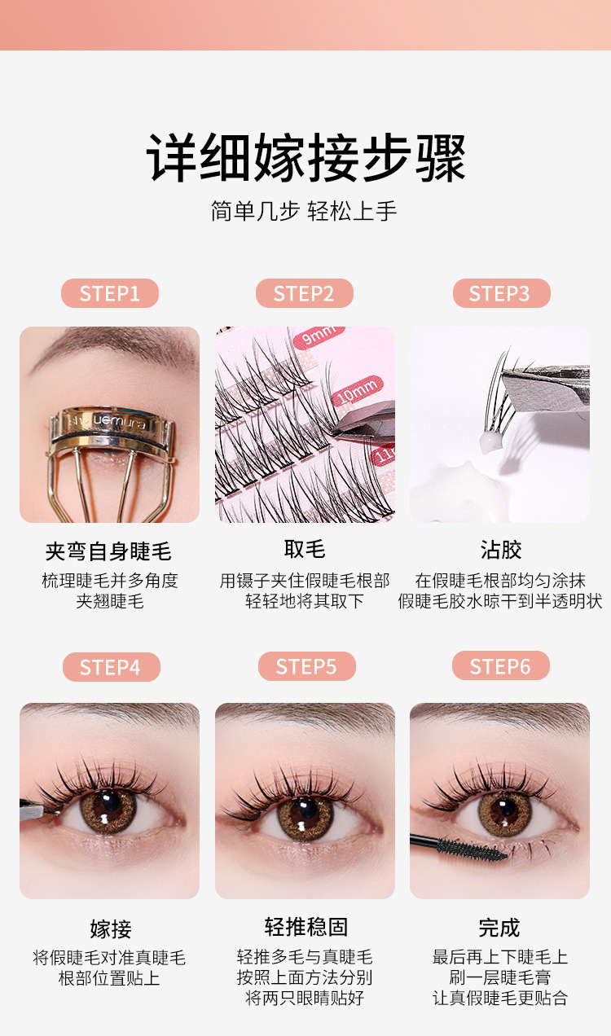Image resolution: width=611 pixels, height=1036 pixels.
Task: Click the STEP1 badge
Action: pos(110,293)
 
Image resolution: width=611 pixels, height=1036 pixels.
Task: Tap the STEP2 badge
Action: pos(305,293)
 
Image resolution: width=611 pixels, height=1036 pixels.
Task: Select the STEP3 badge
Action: pos(501,293)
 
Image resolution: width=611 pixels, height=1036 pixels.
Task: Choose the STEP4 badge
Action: pos(112,667)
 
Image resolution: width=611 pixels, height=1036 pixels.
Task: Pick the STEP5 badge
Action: pos(306,666)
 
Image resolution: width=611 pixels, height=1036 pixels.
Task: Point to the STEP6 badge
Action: pos(501,665)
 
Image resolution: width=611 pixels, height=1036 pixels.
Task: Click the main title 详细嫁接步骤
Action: pos(305,157)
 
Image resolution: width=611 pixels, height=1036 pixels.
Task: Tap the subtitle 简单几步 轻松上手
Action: pos(304,212)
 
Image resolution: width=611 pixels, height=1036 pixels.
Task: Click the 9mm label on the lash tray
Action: pos(319,335)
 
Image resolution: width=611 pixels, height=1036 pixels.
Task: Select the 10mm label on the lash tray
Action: pos(358,391)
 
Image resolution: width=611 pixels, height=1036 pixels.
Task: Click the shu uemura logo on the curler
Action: pos(108,421)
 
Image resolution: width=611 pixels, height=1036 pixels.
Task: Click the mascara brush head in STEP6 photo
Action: pos(471,849)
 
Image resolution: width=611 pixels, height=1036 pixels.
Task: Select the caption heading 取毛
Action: pos(305,550)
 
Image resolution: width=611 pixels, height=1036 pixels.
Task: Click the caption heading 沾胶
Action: pos(501,550)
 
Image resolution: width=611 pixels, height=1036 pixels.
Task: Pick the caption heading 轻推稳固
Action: pos(306,927)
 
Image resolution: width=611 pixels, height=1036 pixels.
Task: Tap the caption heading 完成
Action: pos(499,928)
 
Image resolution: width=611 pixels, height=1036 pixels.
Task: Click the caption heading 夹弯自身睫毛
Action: pos(108,551)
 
